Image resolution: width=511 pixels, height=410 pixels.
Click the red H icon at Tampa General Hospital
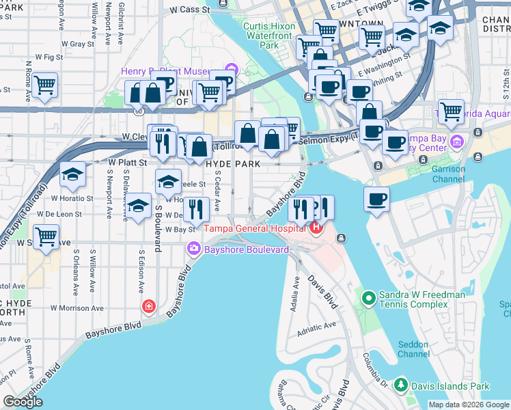316,228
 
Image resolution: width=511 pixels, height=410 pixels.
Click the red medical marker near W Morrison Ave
148,306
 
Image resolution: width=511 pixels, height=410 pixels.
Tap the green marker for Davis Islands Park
401,386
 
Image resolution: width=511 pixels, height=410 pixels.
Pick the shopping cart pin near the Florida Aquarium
451,111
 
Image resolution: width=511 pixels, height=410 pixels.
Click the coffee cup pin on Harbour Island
376,199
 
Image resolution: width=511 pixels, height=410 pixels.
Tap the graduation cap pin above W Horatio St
72,175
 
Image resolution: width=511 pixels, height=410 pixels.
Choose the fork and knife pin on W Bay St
196,209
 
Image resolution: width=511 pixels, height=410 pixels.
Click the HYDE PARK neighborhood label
233,164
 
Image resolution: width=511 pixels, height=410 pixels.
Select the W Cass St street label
189,10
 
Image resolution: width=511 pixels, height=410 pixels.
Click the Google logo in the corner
23,401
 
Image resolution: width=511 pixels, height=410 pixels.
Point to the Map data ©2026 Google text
469,405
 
